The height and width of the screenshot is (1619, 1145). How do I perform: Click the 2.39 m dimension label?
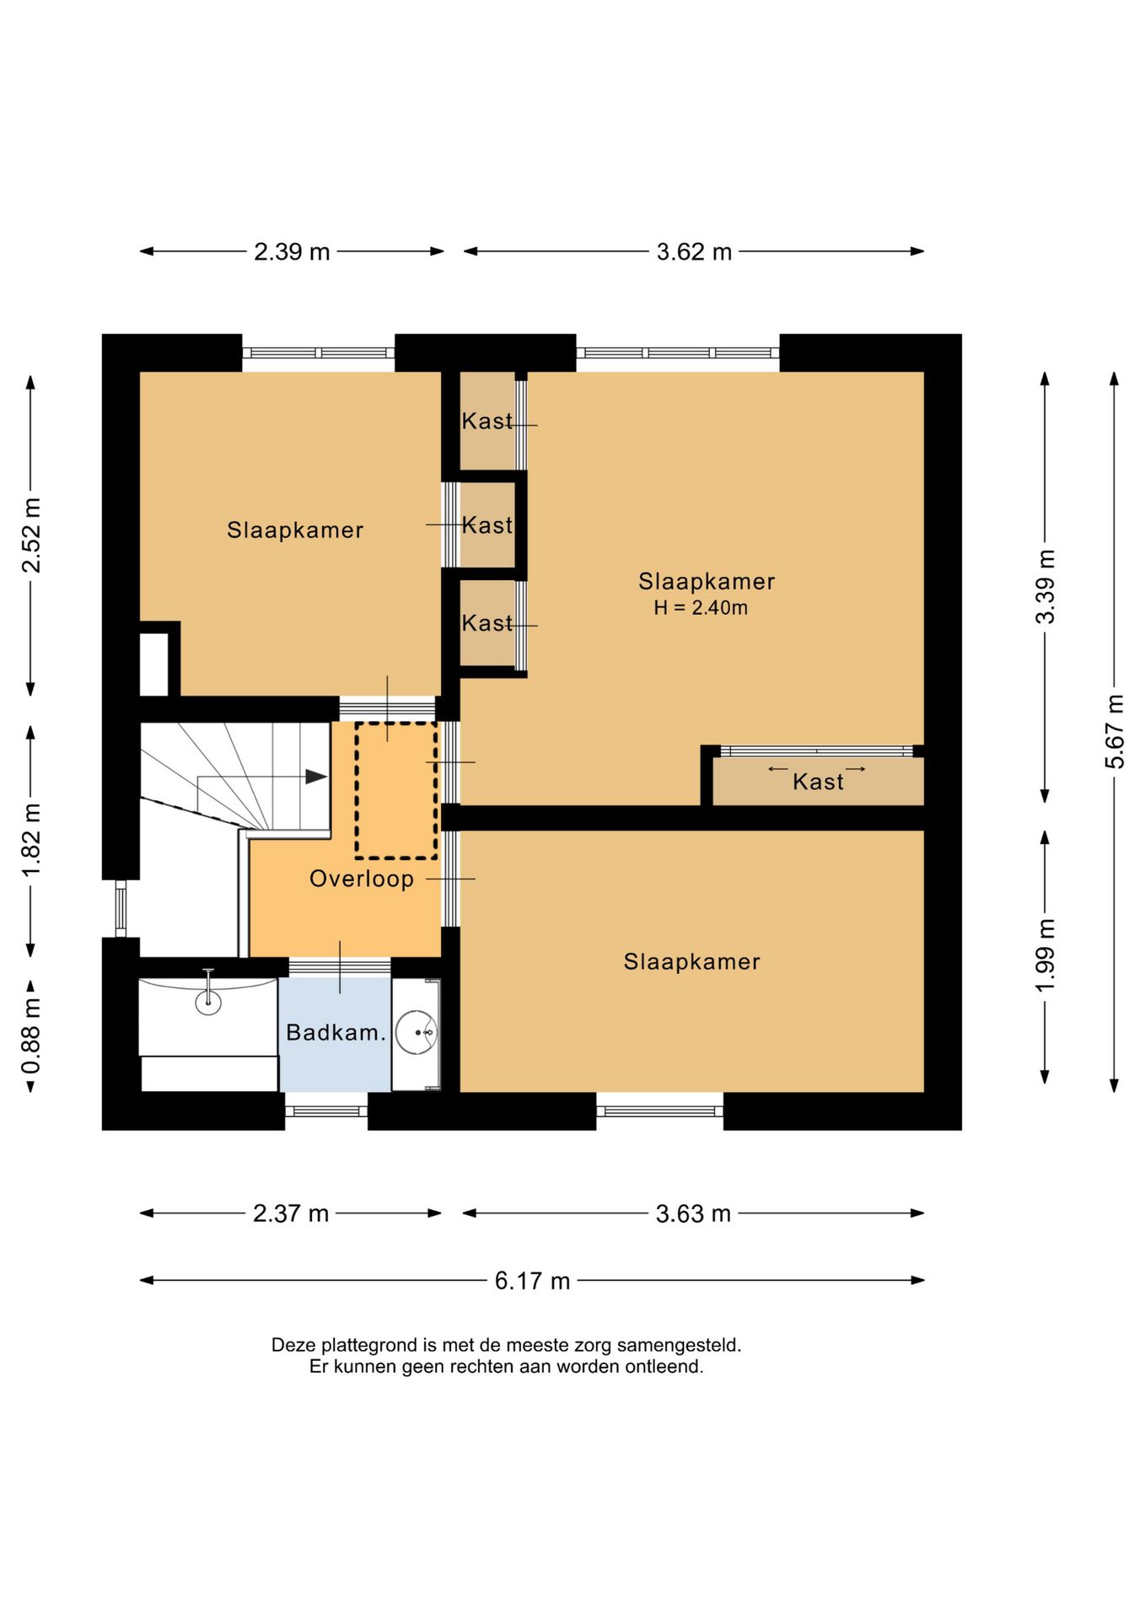click(292, 251)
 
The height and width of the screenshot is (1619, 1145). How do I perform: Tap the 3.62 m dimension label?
click(694, 251)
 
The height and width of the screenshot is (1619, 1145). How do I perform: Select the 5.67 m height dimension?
click(1115, 731)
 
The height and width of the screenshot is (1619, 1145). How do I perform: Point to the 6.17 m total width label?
click(532, 1281)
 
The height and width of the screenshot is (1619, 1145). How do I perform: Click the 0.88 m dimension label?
click(31, 1035)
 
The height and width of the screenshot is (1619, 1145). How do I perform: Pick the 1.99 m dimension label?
click(1045, 956)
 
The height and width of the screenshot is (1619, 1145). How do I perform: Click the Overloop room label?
click(362, 879)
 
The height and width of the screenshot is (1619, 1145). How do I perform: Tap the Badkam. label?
click(336, 1032)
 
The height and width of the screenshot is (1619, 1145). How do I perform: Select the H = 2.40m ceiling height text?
click(701, 607)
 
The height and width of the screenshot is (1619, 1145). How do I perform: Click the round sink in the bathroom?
click(417, 1032)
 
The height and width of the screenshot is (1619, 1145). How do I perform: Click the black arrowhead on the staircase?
click(316, 777)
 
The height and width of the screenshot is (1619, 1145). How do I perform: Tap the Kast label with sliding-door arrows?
click(818, 782)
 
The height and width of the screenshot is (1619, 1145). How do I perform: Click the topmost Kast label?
click(487, 421)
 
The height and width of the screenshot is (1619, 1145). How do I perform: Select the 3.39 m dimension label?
click(1045, 587)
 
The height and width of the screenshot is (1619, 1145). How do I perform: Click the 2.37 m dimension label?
click(291, 1213)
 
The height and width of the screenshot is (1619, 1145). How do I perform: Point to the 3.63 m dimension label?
click(693, 1213)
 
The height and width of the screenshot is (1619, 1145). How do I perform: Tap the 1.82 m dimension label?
click(31, 840)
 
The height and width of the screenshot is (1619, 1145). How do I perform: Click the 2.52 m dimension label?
click(31, 535)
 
